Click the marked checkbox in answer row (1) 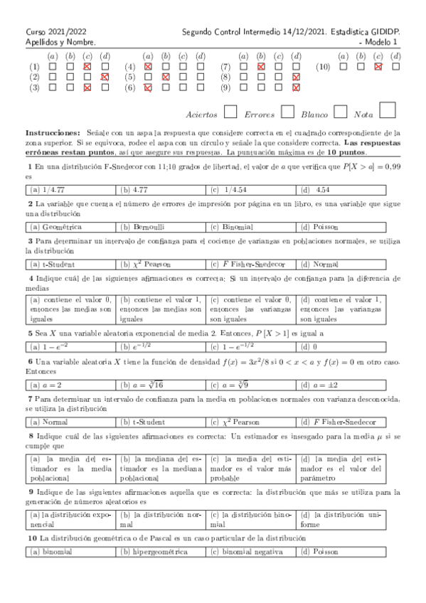click(x=87, y=66)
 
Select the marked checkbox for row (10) click(x=378, y=66)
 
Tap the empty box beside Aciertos click(x=230, y=112)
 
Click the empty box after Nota click(x=388, y=110)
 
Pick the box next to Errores click(x=287, y=112)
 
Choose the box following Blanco click(x=341, y=112)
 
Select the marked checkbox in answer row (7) click(x=261, y=66)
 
